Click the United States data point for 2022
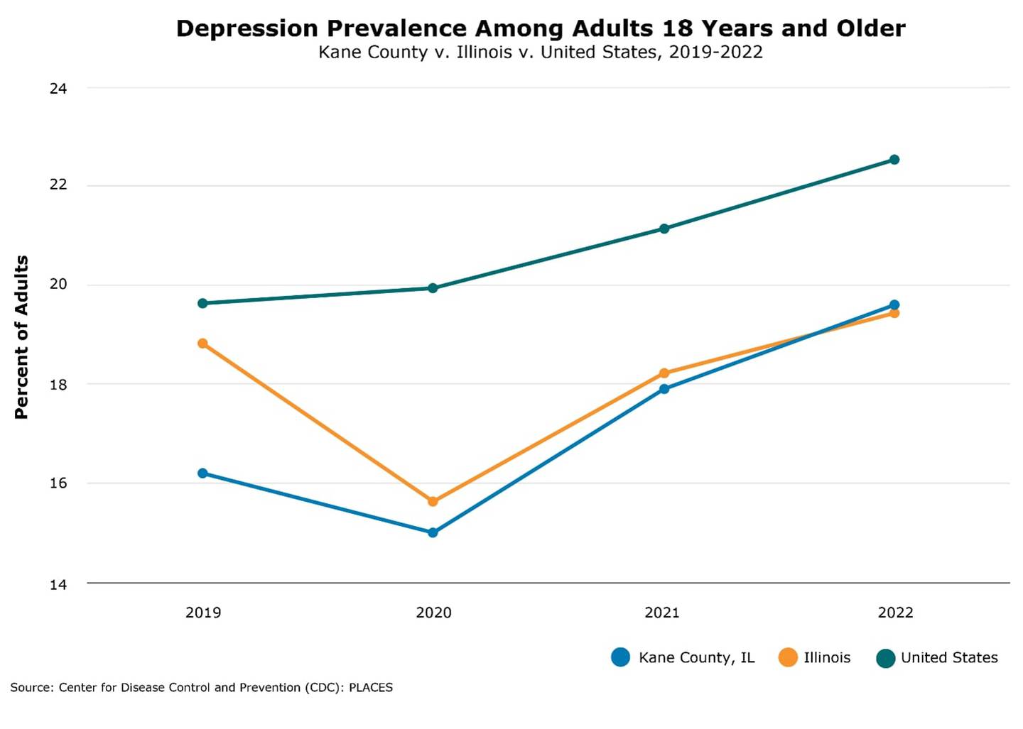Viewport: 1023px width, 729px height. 894,160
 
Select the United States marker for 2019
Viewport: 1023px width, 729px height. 202,303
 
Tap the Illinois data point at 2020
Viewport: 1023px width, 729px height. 433,501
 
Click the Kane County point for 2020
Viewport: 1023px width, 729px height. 433,532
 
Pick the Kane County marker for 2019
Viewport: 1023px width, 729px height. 202,473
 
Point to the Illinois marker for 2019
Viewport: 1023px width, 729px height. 202,344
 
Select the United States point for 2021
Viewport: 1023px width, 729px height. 664,229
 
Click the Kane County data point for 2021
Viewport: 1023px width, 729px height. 664,389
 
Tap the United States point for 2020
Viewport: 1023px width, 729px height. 433,288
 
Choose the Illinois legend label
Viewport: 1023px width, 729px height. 827,657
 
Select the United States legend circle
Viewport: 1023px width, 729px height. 885,658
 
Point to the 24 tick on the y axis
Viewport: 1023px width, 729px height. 58,89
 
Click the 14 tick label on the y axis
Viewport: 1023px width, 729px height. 58,585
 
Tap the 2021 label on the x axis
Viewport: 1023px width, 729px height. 661,613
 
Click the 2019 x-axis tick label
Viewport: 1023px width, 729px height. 203,613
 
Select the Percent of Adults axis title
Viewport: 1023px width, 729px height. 21,337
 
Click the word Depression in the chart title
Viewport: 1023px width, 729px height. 247,28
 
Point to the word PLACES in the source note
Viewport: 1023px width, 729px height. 370,687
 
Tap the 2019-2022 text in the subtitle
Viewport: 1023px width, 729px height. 715,53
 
